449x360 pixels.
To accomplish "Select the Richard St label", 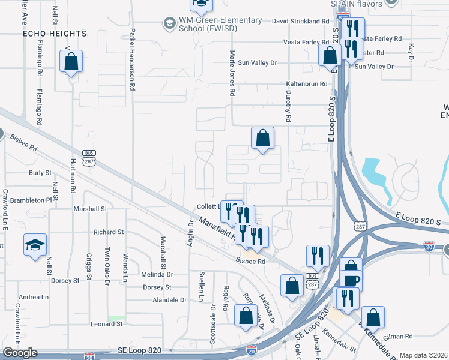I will coord(108,232).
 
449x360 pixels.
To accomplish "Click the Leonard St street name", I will coord(106,324).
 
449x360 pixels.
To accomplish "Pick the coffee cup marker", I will coord(351,280).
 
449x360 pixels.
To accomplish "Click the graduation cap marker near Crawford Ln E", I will coord(34,245).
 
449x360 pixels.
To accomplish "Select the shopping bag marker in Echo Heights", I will coord(71,61).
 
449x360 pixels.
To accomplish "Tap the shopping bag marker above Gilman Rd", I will coord(373,316).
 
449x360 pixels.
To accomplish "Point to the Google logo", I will coord(20,353).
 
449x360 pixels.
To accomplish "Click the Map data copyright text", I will coord(423,355).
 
